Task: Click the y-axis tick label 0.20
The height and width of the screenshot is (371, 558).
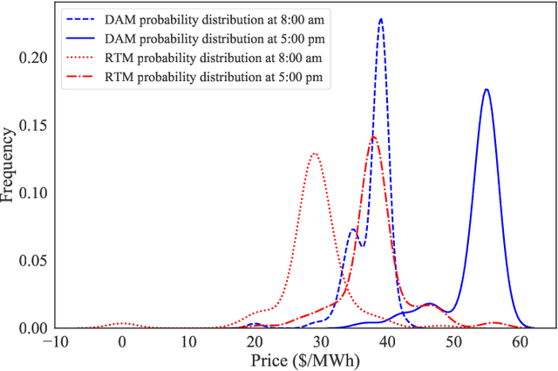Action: [35, 57]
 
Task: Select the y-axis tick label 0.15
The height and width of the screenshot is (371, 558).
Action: [35, 125]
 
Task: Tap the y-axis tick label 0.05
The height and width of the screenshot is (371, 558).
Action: [35, 261]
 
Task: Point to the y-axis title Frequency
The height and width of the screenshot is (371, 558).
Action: [9, 166]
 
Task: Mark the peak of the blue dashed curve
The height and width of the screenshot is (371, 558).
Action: [381, 18]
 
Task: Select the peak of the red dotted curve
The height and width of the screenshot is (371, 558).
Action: [314, 154]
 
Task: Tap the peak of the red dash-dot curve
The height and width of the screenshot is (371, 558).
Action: [373, 136]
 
